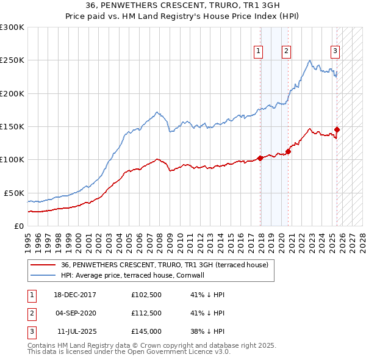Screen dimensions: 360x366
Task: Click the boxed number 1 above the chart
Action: (x=259, y=51)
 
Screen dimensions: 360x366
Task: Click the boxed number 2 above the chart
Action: (x=286, y=51)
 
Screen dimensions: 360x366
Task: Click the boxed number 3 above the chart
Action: (x=335, y=51)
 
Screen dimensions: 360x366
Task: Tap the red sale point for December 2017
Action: (x=260, y=158)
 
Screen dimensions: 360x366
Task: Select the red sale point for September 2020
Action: (x=289, y=151)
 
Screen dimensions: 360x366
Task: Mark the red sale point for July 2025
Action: (x=337, y=129)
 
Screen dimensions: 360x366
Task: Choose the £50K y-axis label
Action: (x=15, y=193)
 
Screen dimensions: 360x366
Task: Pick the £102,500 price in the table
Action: (x=146, y=295)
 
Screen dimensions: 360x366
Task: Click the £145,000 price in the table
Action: (x=146, y=331)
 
